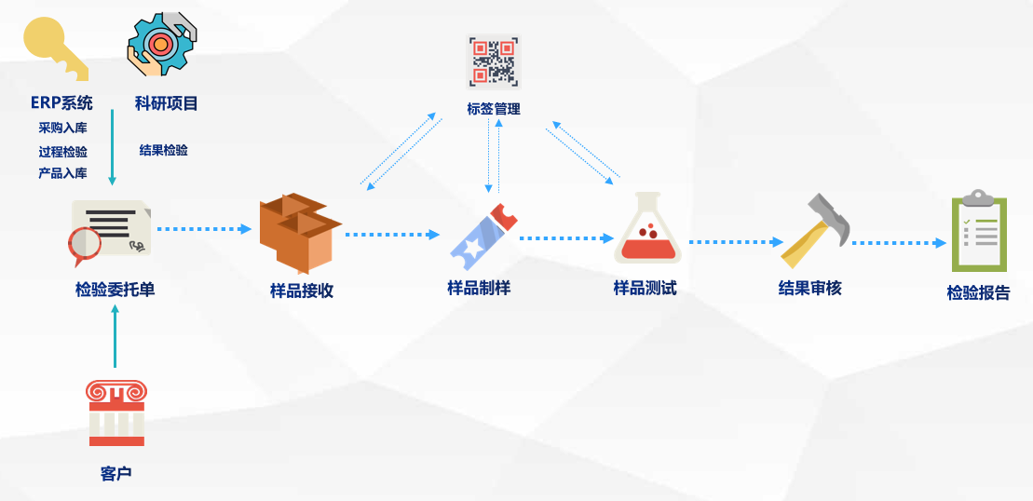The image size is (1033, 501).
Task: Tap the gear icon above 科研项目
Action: [160, 47]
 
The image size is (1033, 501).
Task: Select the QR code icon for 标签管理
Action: [493, 61]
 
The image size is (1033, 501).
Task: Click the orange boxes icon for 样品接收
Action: [300, 233]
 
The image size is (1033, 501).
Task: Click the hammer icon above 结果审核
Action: [812, 230]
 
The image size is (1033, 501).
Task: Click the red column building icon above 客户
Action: [116, 412]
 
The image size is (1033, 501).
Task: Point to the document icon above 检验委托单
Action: [112, 231]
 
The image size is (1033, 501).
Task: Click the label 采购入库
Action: [62, 129]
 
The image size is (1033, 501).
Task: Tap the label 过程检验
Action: [62, 151]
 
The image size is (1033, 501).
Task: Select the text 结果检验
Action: [163, 150]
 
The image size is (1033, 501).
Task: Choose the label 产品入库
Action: [62, 173]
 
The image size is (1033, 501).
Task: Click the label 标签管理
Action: [494, 109]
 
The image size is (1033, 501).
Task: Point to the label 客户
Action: [116, 474]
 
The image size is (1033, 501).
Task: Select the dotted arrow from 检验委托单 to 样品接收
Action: [205, 228]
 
